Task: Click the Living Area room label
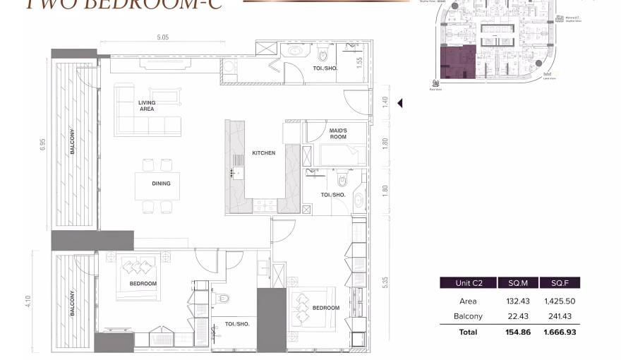tap(147, 106)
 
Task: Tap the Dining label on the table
tap(161, 184)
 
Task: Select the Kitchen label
tap(264, 152)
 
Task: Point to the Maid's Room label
tap(337, 133)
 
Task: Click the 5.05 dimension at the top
tap(162, 37)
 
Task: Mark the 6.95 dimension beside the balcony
tap(43, 144)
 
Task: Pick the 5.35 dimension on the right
tap(385, 282)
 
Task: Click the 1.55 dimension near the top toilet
tap(359, 62)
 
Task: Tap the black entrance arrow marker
tap(399, 104)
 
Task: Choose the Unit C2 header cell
tap(469, 283)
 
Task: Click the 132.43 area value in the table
tap(518, 301)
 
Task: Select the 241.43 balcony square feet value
tap(557, 316)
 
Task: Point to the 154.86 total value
tap(518, 332)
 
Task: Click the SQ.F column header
tap(557, 283)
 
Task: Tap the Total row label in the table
tap(468, 332)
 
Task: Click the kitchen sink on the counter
tap(236, 172)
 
